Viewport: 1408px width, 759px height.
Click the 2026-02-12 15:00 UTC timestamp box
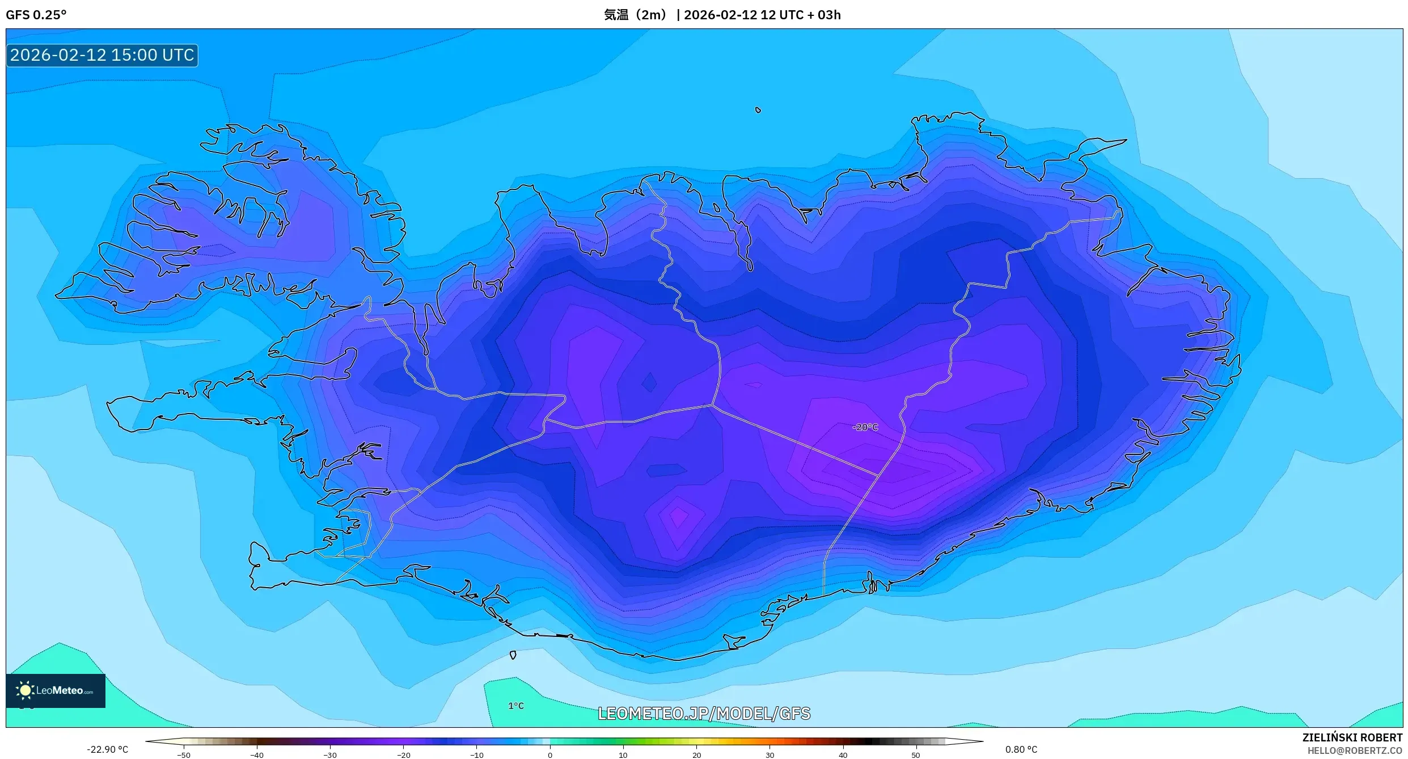pos(102,55)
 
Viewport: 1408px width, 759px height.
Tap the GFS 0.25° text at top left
pos(36,15)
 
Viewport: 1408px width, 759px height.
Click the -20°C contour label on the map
pos(865,427)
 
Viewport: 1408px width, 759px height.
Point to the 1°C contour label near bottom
pos(515,706)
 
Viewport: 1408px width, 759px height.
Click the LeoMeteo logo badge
pos(56,690)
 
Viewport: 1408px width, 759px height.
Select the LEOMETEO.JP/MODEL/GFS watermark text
pos(704,714)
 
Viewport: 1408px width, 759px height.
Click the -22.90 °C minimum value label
pos(107,749)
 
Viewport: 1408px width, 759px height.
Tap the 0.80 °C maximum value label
pos(1021,749)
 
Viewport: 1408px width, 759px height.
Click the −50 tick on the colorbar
pos(184,755)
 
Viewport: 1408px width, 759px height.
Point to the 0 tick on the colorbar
pos(549,755)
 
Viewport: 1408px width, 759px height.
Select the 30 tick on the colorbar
pos(769,755)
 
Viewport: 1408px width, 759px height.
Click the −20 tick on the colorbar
pos(403,755)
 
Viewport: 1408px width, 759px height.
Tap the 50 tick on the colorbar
pos(915,755)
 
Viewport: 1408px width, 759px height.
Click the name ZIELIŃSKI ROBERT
pos(1352,737)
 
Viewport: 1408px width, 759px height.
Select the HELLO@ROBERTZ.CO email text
pos(1355,750)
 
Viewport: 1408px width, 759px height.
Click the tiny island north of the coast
pos(758,110)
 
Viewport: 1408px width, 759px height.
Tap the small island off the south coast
pos(513,655)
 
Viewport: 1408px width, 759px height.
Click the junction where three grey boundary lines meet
pos(712,405)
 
